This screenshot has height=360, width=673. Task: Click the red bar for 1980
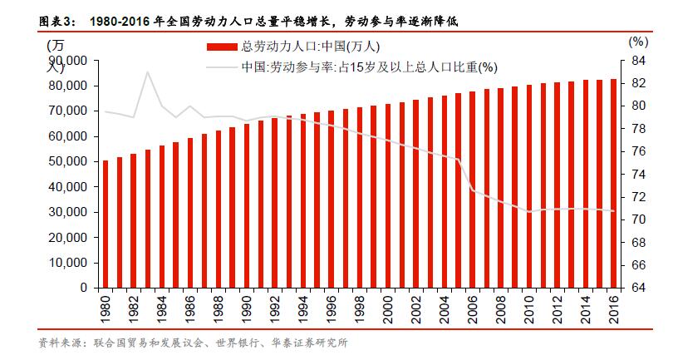[105, 224]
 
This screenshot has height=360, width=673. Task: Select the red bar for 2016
[612, 183]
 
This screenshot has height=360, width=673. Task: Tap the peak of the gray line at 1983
[147, 72]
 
